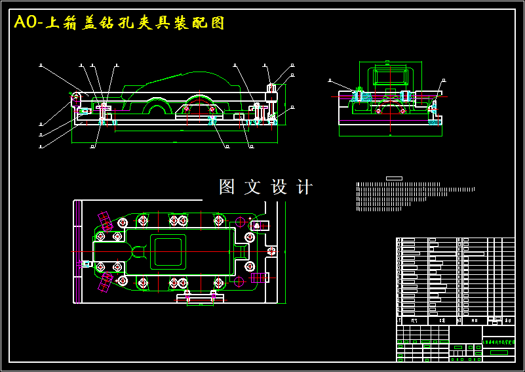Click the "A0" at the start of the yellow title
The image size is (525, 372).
coord(26,23)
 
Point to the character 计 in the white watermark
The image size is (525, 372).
coord(305,187)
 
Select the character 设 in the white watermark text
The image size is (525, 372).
coord(279,187)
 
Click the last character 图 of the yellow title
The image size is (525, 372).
coord(218,23)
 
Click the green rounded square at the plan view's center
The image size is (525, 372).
coord(168,251)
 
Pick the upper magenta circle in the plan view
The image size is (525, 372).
coord(241,220)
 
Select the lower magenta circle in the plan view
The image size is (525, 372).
coord(239,282)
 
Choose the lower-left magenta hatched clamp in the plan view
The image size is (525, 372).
coord(106,283)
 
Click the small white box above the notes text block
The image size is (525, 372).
coord(394,178)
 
